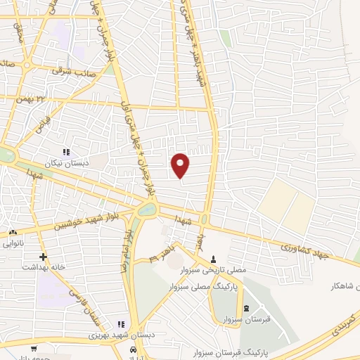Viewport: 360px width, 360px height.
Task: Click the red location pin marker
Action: pyautogui.click(x=180, y=164)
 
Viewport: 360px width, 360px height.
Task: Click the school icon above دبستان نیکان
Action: pyautogui.click(x=67, y=152)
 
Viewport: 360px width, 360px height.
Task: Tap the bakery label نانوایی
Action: pyautogui.click(x=13, y=244)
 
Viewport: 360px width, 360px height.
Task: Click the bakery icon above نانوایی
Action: pyautogui.click(x=13, y=233)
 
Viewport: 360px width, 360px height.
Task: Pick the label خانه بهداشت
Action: pyautogui.click(x=44, y=267)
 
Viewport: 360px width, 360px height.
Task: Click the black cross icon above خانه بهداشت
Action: pyautogui.click(x=44, y=257)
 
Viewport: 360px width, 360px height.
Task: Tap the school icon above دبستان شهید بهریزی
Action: pyautogui.click(x=120, y=324)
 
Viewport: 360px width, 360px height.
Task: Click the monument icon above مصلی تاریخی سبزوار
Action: pyautogui.click(x=213, y=259)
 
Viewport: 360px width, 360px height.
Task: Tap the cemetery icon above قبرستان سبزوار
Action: pyautogui.click(x=245, y=309)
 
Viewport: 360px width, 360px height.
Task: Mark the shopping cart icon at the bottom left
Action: pyautogui.click(x=33, y=349)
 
